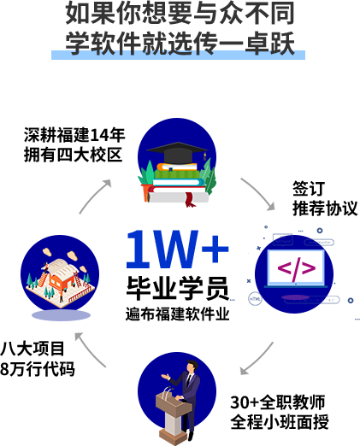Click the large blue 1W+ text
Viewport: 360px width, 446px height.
coord(177,249)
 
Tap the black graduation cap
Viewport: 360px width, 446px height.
coord(177,153)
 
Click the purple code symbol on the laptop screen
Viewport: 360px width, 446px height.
coord(297,268)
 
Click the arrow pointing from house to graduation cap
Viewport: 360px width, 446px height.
coord(95,196)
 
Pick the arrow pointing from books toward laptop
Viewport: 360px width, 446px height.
coord(258,194)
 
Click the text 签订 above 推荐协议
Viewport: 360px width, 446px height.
coord(309,188)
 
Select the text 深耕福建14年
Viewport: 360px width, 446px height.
coord(74,135)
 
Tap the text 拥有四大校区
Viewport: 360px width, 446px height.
coord(73,155)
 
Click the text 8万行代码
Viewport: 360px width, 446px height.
coord(38,369)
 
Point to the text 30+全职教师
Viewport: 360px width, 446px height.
coord(278,402)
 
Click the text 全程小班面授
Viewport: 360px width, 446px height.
coord(280,422)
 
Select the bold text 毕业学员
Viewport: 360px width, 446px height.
coord(178,288)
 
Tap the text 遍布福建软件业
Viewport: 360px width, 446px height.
coord(177,314)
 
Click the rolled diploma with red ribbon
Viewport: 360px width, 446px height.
coord(178,198)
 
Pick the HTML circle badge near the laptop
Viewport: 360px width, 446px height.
coord(255,299)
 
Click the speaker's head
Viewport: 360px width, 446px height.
coord(192,367)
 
